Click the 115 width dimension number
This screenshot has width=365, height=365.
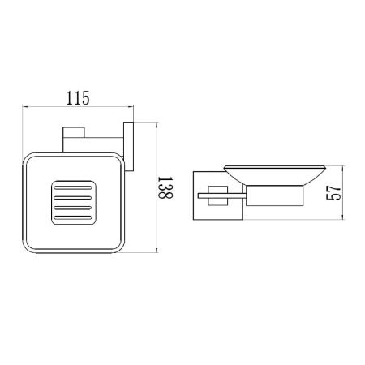(x=78, y=98)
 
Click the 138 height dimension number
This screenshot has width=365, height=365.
(x=165, y=187)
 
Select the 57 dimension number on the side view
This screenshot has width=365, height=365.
(x=333, y=193)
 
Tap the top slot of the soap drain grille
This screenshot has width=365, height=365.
(x=73, y=187)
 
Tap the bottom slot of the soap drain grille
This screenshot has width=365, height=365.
(x=73, y=217)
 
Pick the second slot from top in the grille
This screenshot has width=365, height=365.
(x=73, y=198)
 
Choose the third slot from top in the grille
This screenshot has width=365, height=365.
(x=73, y=208)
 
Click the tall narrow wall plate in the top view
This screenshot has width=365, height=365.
(x=129, y=147)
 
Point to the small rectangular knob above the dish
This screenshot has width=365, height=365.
(x=74, y=132)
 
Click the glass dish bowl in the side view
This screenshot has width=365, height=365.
(x=275, y=175)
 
